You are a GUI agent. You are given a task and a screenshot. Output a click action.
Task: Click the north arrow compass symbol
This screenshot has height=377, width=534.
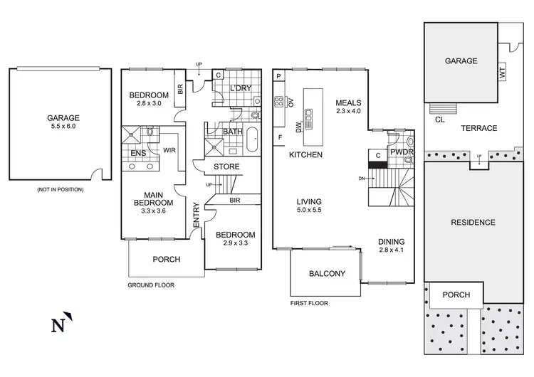(61, 324)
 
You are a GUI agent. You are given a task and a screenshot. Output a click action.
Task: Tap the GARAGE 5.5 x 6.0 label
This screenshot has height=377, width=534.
(63, 123)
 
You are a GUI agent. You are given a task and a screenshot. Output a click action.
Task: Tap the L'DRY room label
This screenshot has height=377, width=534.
(241, 87)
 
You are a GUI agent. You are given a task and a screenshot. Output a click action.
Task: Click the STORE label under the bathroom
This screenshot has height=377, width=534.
(227, 167)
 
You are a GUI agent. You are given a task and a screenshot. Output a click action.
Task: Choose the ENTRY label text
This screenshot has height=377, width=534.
(196, 216)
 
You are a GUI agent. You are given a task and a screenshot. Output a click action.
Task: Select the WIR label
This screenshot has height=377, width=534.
(169, 151)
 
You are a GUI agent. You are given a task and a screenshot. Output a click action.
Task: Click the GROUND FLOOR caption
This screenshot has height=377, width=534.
(152, 285)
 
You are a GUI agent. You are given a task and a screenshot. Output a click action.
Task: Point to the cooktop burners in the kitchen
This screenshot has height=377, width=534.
(280, 100)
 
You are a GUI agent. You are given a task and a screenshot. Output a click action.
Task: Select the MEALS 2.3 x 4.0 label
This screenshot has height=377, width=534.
(349, 106)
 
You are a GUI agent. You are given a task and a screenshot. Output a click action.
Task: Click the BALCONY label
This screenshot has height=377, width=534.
(327, 274)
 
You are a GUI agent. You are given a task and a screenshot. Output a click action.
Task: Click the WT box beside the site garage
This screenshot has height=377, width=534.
(501, 72)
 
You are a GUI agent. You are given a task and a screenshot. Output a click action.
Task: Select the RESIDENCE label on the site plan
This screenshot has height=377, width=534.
(473, 223)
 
